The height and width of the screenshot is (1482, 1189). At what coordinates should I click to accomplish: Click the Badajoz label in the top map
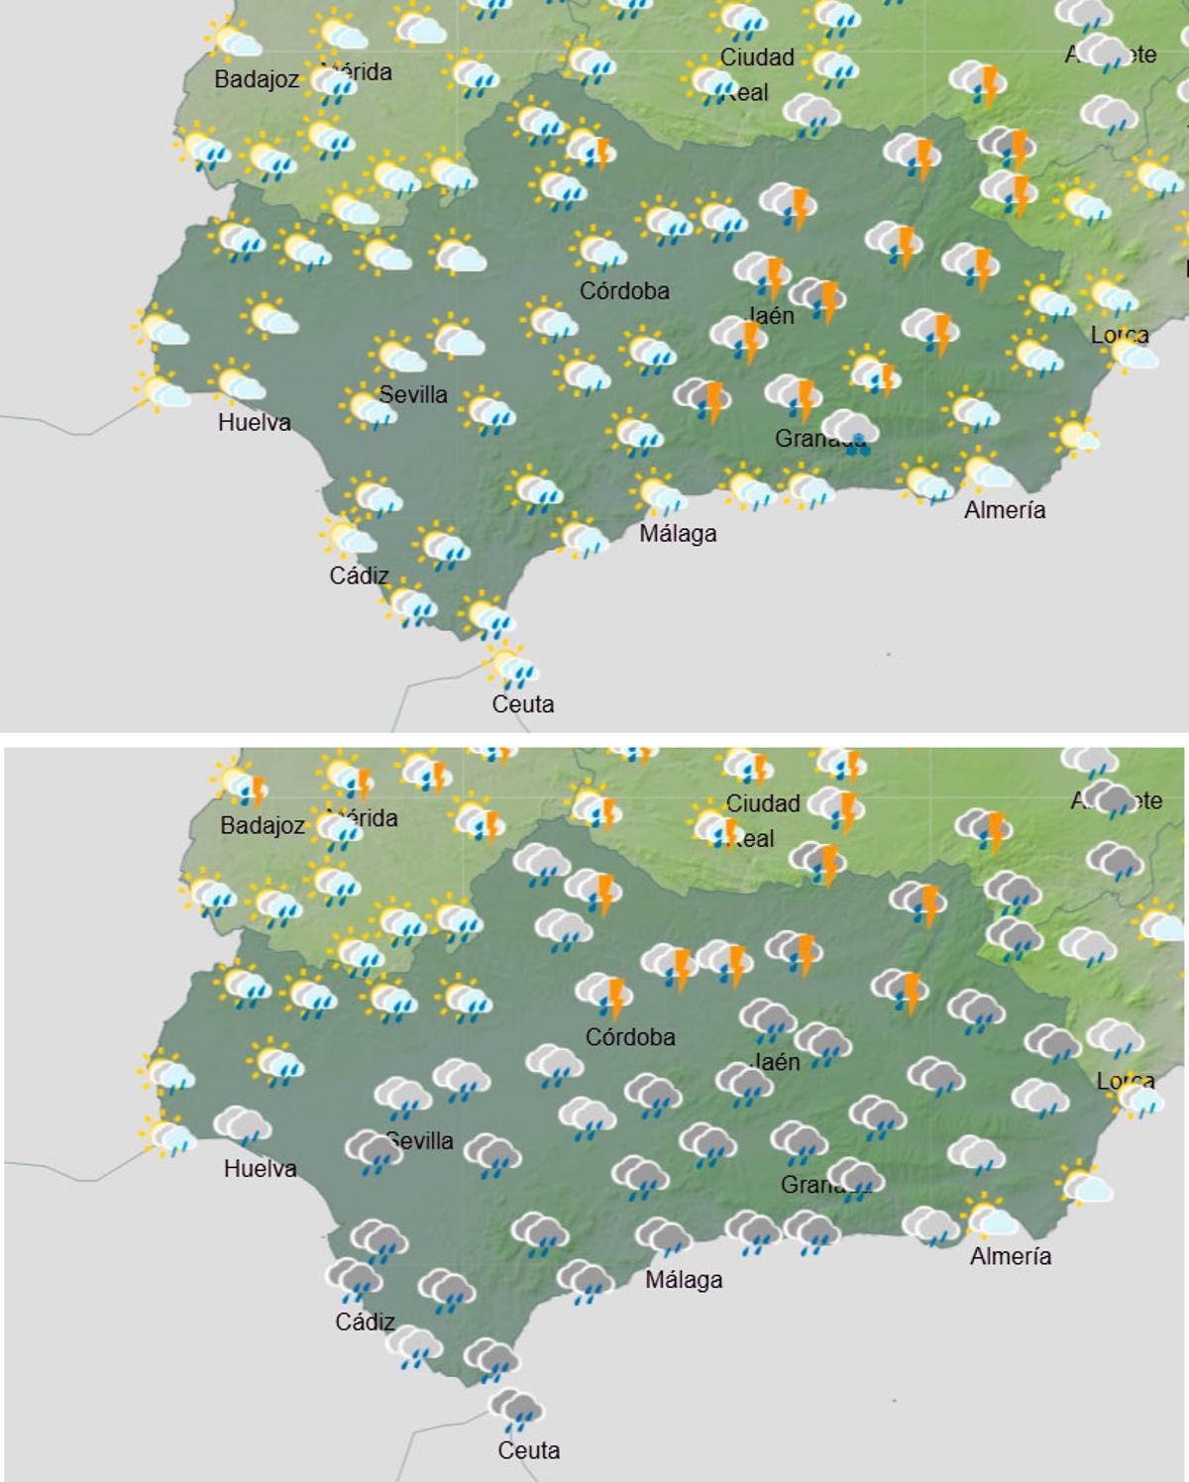pos(257,79)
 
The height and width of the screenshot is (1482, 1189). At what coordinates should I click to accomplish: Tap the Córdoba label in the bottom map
pos(630,1037)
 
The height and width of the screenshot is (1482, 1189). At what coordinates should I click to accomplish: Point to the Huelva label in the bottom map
pos(260,1169)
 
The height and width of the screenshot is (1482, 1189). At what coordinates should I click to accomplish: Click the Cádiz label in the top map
pos(359,576)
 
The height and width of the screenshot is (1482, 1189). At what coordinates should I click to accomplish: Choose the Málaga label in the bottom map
pos(684,1280)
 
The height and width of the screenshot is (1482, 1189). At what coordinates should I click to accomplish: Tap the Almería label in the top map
pos(1005,510)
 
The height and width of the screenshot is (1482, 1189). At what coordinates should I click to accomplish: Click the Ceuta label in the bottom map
pos(528,1451)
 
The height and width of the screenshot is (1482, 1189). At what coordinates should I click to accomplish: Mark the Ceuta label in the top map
pos(523,704)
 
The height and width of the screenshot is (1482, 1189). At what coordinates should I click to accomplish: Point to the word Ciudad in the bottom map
pos(763,803)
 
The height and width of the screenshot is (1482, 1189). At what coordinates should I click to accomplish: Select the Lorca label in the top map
pos(1120,335)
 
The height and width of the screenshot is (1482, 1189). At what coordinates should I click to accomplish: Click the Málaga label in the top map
pos(678,534)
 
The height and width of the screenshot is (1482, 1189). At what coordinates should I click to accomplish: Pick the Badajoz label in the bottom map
pos(263,825)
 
